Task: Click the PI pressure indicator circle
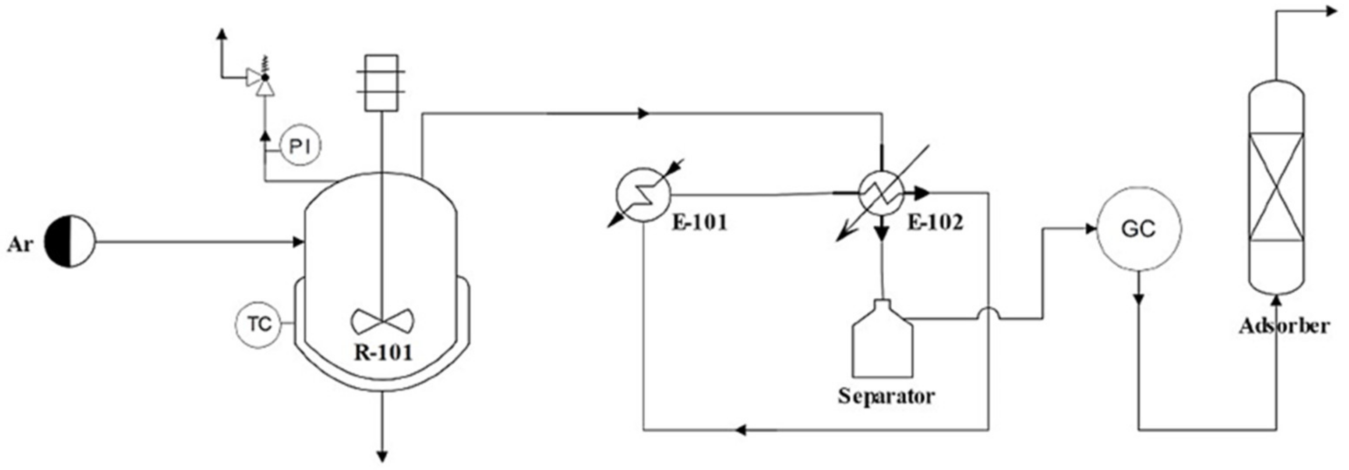click(300, 147)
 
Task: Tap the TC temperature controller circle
click(259, 324)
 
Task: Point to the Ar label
click(20, 245)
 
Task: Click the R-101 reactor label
click(383, 352)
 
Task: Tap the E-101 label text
click(699, 223)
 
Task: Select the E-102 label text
click(935, 223)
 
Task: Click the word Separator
click(886, 395)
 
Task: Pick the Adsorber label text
click(1284, 326)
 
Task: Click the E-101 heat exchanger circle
click(643, 195)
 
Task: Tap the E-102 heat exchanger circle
click(883, 193)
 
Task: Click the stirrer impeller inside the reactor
click(383, 320)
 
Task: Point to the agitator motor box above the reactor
click(381, 83)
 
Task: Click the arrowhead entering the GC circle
click(1091, 229)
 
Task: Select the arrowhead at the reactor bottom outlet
click(383, 456)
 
